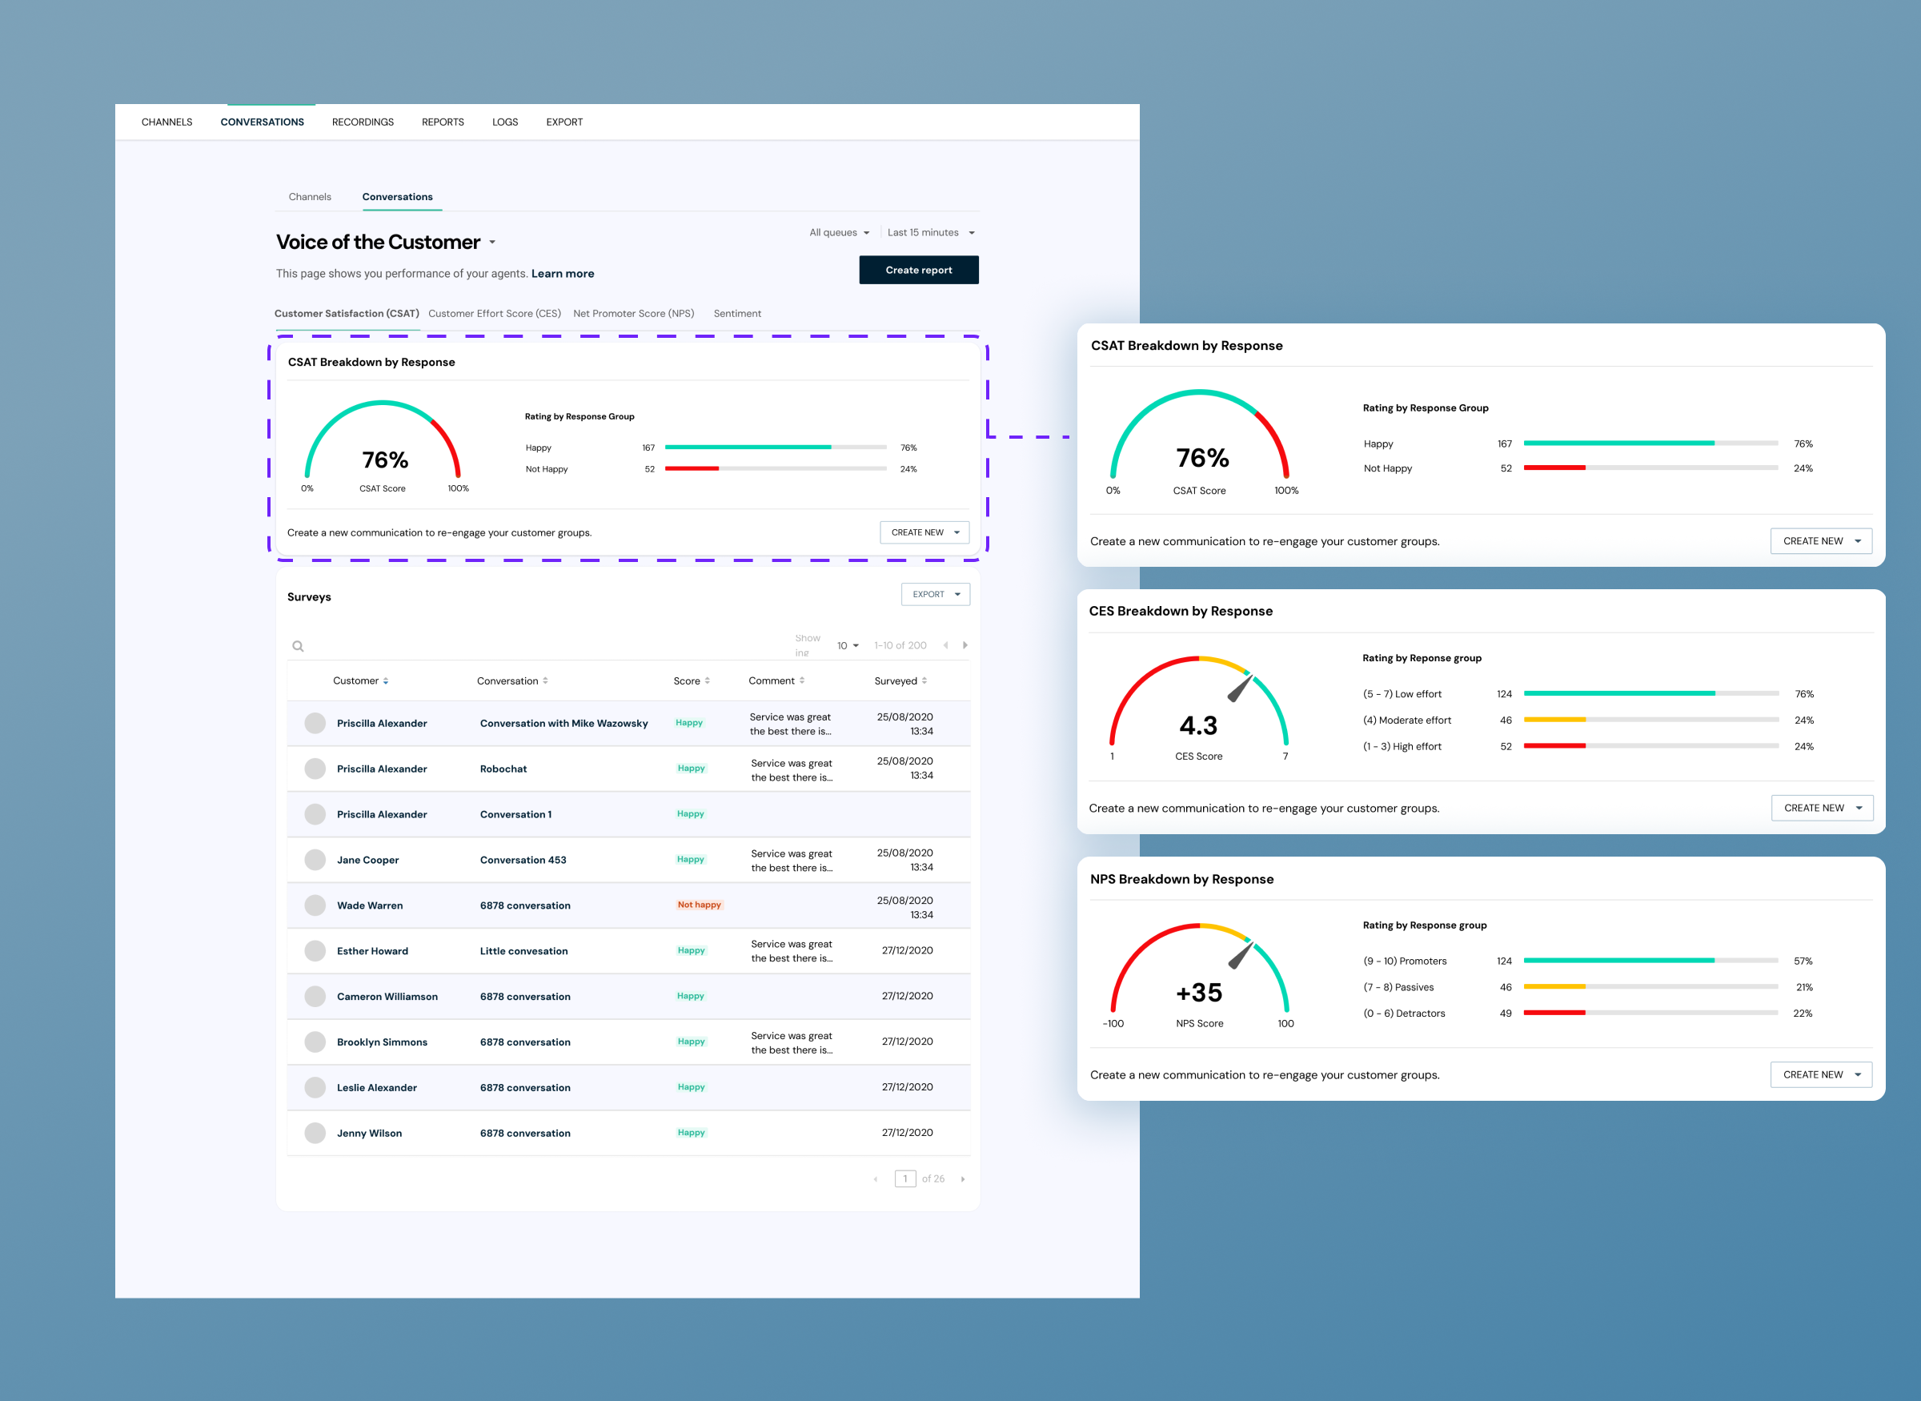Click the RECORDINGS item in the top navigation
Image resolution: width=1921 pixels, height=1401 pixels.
(x=363, y=122)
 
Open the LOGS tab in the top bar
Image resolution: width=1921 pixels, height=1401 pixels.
(x=504, y=122)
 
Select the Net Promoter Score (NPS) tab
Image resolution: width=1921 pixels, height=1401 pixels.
(x=633, y=314)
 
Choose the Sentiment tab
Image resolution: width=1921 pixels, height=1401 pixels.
(x=736, y=314)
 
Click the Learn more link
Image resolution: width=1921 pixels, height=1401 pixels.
(x=562, y=274)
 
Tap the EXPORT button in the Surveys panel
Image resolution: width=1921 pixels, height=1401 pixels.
(x=935, y=595)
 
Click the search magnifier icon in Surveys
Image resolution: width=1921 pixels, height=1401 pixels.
(x=298, y=646)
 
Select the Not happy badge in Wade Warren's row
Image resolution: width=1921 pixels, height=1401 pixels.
(x=699, y=905)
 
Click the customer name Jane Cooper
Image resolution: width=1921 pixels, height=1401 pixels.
(x=368, y=860)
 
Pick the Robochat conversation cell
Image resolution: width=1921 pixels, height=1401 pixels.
(x=503, y=769)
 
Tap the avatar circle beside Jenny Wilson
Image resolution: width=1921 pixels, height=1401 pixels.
(x=315, y=1133)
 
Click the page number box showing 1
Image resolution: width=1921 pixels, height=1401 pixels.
(x=905, y=1178)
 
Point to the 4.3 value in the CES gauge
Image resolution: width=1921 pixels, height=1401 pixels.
(x=1198, y=726)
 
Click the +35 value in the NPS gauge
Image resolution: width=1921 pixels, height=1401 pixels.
(x=1199, y=993)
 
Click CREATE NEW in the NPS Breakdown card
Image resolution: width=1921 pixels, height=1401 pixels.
(x=1821, y=1074)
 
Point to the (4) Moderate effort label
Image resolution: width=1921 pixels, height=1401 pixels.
(x=1406, y=721)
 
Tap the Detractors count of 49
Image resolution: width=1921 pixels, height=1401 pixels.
(x=1506, y=1014)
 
